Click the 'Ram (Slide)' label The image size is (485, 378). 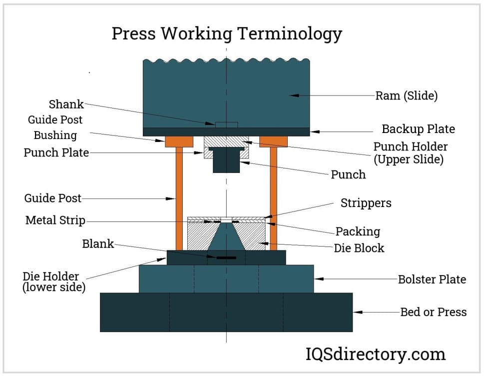[x=406, y=95]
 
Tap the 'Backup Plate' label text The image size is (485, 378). [x=418, y=129]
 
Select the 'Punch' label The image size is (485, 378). [x=348, y=174]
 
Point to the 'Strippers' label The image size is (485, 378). [x=366, y=203]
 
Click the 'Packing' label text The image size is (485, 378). [x=357, y=231]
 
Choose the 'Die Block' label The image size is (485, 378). [x=359, y=247]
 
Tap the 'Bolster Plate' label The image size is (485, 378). [x=432, y=279]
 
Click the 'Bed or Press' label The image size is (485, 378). [x=433, y=312]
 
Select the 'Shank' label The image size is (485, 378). [x=66, y=104]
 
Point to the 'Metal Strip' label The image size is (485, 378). [x=55, y=220]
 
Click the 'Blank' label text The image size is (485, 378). [x=98, y=244]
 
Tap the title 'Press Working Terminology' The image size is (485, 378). [x=226, y=34]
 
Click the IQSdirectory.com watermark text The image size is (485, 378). [x=375, y=354]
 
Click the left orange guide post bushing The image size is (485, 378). [x=179, y=141]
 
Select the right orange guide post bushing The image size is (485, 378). [x=273, y=141]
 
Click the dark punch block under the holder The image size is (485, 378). [x=226, y=162]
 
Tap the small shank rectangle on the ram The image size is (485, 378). [x=226, y=124]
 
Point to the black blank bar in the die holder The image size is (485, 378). [x=226, y=257]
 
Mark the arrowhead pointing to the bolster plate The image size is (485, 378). [x=317, y=279]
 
